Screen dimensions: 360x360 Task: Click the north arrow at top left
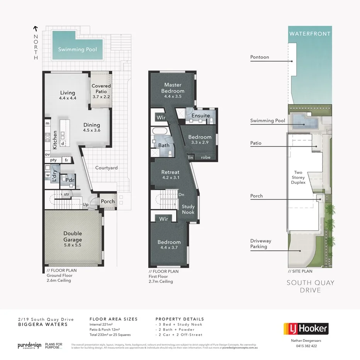[36, 28]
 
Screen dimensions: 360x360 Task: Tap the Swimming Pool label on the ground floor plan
[77, 49]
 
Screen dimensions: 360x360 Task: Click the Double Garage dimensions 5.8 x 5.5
[73, 245]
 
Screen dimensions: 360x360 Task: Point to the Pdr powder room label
[70, 180]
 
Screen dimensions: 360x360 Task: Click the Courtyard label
[107, 168]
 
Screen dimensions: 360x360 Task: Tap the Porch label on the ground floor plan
[107, 202]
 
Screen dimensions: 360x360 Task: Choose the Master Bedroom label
[173, 88]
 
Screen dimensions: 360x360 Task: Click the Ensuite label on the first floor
[200, 115]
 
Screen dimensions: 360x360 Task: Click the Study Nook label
[188, 209]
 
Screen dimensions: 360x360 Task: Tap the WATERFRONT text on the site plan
[310, 34]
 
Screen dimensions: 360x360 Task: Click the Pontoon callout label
[259, 57]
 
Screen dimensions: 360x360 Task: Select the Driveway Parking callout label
[260, 244]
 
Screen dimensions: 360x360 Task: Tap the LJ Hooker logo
[306, 329]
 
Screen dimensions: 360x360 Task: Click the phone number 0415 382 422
[306, 346]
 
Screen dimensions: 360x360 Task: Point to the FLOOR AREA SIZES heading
[113, 319]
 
